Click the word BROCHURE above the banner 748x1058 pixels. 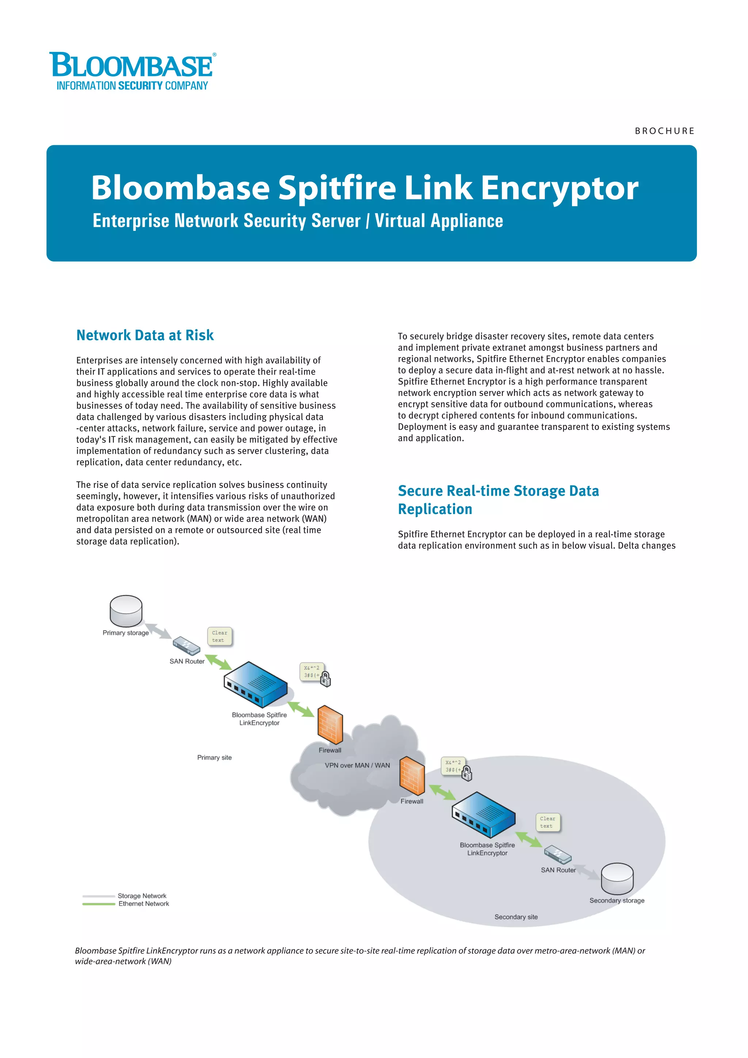click(x=664, y=131)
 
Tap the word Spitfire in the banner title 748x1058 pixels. click(x=337, y=189)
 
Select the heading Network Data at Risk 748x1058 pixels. click(x=145, y=335)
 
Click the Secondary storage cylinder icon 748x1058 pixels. click(x=617, y=878)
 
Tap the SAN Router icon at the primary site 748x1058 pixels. click(x=187, y=646)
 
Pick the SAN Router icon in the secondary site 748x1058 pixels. click(x=558, y=855)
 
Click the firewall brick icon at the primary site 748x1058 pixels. click(x=330, y=724)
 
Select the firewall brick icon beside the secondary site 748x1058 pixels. click(x=412, y=776)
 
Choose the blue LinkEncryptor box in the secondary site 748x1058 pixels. click(x=483, y=815)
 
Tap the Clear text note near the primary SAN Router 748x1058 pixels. click(x=220, y=636)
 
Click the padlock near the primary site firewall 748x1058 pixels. click(x=325, y=679)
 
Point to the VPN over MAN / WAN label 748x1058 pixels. click(x=358, y=765)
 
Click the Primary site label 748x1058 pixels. click(x=214, y=758)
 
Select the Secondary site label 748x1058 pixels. click(x=516, y=917)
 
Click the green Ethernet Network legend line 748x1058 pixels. click(x=99, y=904)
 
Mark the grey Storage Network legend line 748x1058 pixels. click(x=99, y=896)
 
